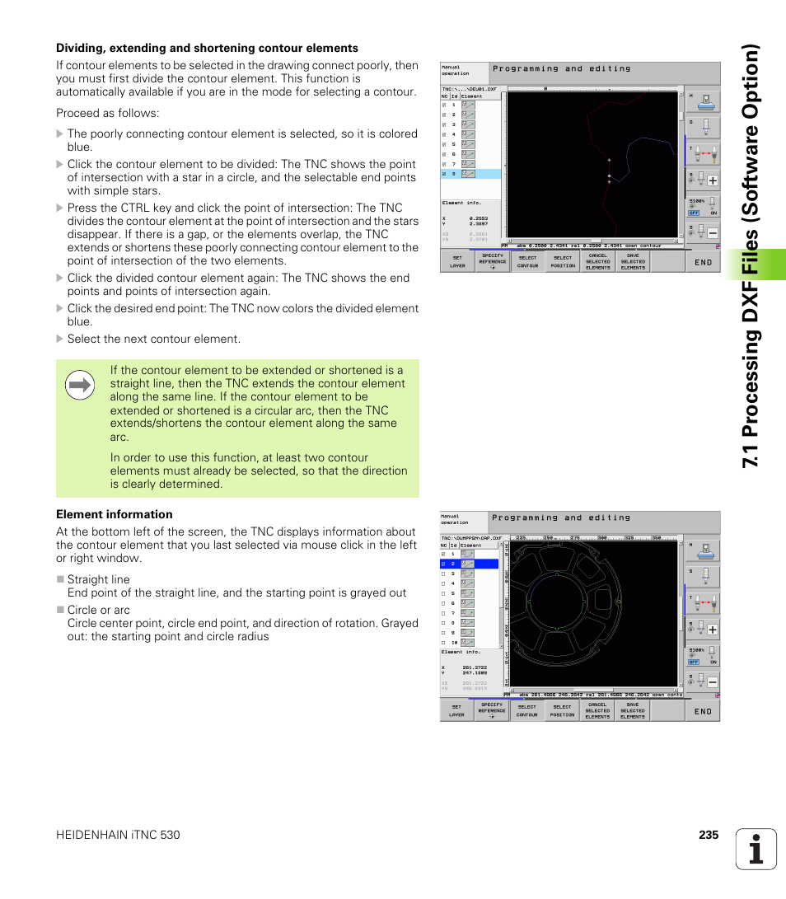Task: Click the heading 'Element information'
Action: click(x=115, y=514)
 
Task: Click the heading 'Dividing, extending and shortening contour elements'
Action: click(x=207, y=48)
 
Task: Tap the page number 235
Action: click(x=709, y=835)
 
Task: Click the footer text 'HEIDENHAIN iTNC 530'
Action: click(x=118, y=835)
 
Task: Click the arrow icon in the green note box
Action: click(x=80, y=385)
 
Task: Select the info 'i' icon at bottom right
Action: click(x=756, y=849)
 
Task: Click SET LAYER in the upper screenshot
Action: click(x=457, y=261)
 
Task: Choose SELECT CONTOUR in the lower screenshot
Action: click(x=527, y=710)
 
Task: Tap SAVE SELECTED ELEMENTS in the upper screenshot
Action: click(x=633, y=261)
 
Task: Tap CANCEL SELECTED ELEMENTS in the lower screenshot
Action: click(x=597, y=710)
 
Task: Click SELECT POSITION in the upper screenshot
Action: click(x=563, y=261)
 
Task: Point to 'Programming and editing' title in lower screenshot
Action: click(x=560, y=517)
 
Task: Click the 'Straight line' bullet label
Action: click(x=99, y=579)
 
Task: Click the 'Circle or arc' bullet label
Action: click(x=99, y=610)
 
